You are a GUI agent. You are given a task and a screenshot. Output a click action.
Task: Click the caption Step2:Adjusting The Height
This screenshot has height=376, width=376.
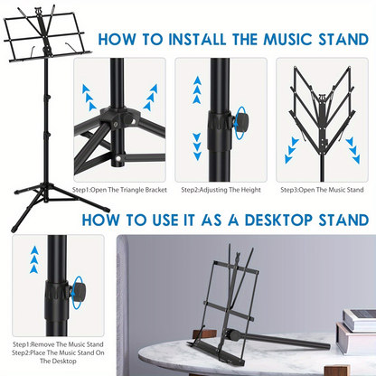[x=221, y=190]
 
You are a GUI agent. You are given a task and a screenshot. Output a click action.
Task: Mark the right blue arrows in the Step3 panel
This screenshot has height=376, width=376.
[x=353, y=146]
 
